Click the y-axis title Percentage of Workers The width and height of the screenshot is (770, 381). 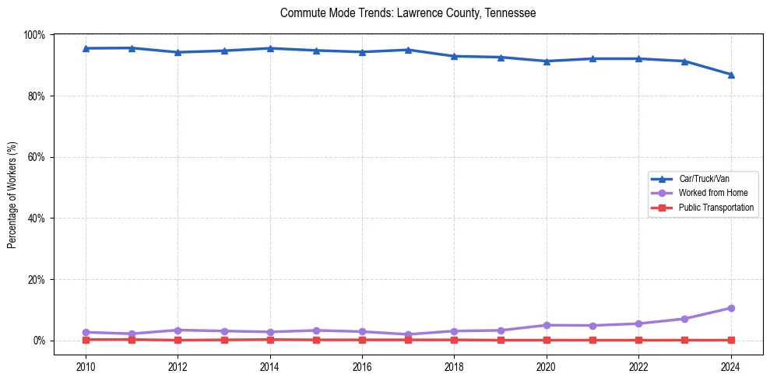pos(12,195)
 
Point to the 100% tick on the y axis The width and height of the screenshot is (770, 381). pos(34,35)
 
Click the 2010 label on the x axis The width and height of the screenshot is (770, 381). pos(86,366)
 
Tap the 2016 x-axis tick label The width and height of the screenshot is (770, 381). pos(362,366)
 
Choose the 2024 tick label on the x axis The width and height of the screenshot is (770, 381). pos(730,366)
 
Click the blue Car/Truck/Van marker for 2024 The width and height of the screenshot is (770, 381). pos(730,75)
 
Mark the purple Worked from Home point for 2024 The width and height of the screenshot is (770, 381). pos(730,308)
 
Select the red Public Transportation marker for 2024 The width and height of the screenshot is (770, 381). pos(730,340)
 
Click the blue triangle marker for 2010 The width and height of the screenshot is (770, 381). pos(86,48)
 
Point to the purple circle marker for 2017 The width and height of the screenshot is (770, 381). pos(408,334)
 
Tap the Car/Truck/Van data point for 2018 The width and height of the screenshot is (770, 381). pos(454,56)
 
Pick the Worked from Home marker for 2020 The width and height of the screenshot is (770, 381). pos(547,325)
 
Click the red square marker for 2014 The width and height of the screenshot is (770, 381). pos(270,339)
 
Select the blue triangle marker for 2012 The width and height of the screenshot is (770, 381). pos(178,52)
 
